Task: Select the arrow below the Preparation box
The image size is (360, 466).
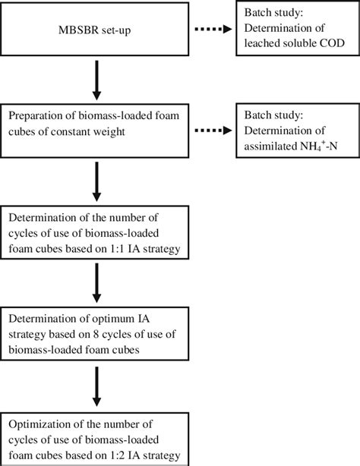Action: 96,176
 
